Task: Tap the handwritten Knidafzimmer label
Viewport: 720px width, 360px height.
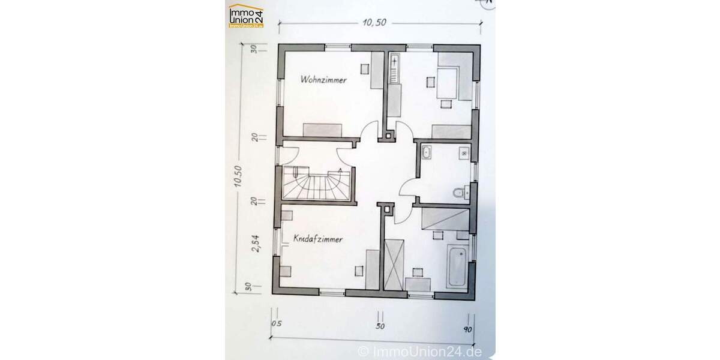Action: [318, 239]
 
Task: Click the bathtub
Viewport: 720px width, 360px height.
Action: [457, 263]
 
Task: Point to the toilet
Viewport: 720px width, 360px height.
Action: [458, 193]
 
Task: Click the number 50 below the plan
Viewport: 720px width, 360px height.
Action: [380, 328]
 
